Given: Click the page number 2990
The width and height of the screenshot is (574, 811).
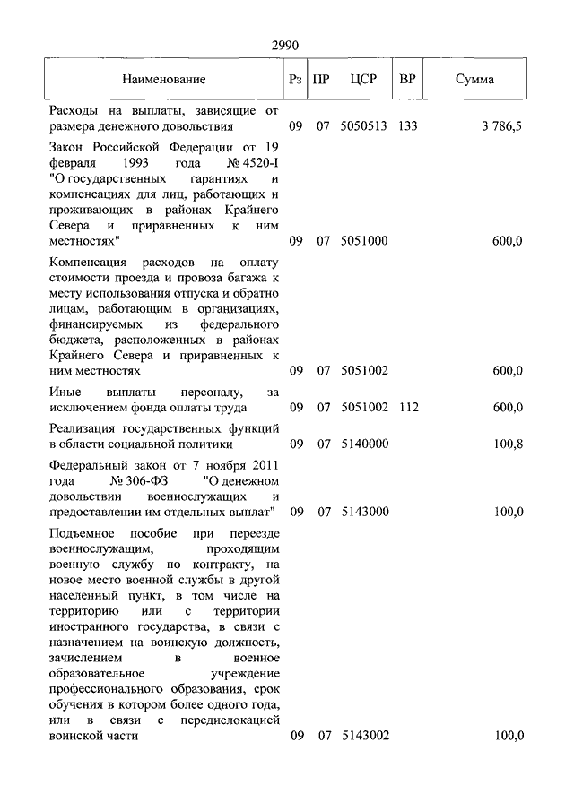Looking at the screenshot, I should click(284, 45).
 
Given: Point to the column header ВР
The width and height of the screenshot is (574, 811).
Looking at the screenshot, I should click(407, 80).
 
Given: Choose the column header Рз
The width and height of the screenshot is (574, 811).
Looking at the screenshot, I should click(296, 80).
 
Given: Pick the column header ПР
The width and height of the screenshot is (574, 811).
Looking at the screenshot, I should click(323, 80).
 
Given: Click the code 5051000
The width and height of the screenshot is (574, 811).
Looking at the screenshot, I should click(363, 241).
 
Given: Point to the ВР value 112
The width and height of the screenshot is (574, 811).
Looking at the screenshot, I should click(407, 408).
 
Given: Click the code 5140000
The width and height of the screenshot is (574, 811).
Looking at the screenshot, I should click(363, 444).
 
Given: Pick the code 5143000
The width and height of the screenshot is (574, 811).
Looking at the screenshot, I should click(363, 512).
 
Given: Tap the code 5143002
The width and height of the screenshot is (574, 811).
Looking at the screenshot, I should click(363, 736).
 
